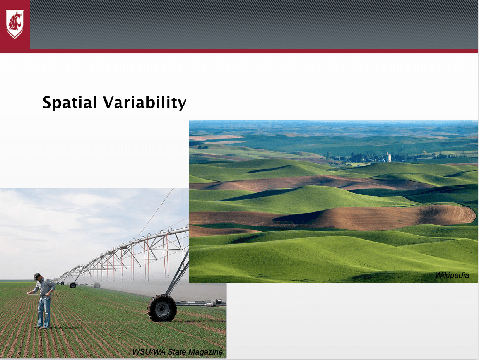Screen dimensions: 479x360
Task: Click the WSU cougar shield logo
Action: pyautogui.click(x=15, y=24)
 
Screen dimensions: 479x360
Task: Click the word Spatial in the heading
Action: pyautogui.click(x=69, y=103)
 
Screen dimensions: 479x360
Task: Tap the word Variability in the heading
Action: pyautogui.click(x=145, y=103)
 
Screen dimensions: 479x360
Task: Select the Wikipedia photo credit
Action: pyautogui.click(x=452, y=275)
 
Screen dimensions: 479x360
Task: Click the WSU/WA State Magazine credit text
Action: pyautogui.click(x=178, y=352)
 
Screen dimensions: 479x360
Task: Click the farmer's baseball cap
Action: pyautogui.click(x=37, y=276)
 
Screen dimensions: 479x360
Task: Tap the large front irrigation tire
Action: pyautogui.click(x=162, y=308)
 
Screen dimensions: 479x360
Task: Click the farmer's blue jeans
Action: pyautogui.click(x=44, y=312)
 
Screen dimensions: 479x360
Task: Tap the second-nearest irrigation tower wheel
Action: pyautogui.click(x=97, y=285)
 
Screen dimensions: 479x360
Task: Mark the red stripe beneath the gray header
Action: pyautogui.click(x=239, y=51)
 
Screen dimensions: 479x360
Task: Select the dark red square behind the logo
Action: pyautogui.click(x=15, y=25)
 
